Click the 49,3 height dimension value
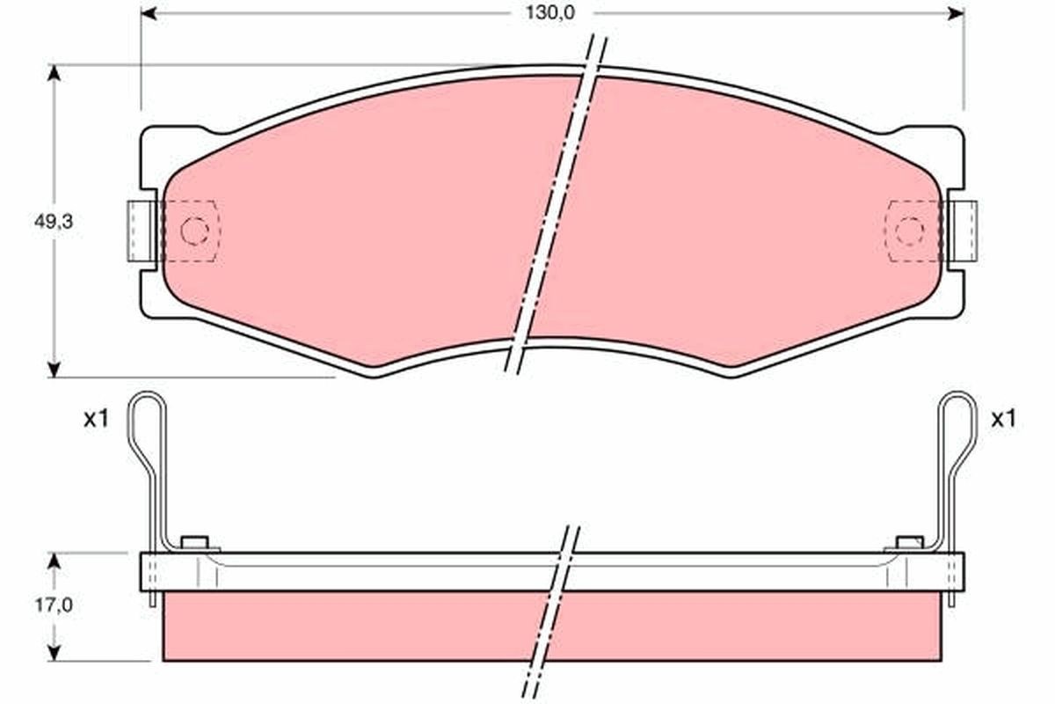[54, 222]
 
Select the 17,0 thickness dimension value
[54, 605]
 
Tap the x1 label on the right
[1003, 420]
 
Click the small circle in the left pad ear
[193, 231]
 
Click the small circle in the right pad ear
[909, 231]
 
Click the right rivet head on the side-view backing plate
[909, 541]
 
